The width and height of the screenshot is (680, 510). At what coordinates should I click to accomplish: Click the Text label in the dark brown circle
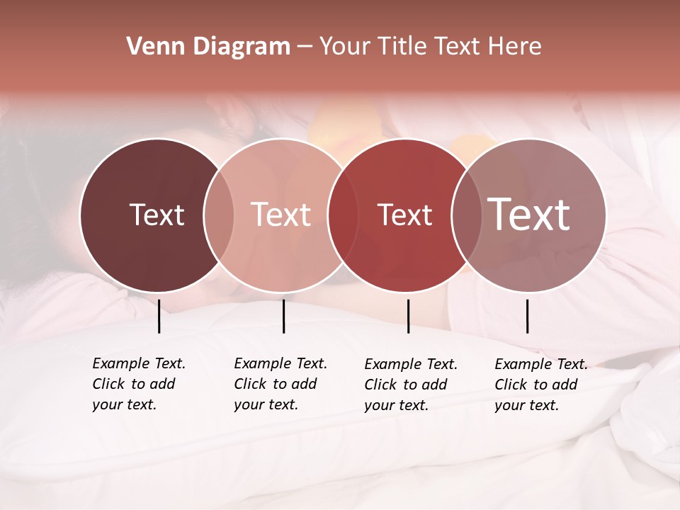(157, 215)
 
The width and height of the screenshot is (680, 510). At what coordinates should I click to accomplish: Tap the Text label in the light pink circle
(281, 215)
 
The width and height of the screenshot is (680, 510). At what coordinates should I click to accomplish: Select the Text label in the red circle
(404, 215)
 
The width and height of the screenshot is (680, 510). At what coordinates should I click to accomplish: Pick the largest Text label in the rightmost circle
(529, 215)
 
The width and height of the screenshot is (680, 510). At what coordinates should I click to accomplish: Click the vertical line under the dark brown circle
(159, 316)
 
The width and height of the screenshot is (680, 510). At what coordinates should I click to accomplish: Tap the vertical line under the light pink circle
(283, 316)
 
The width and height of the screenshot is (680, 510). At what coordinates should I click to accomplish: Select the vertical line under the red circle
(408, 316)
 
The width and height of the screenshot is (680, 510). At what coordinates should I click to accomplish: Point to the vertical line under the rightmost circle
(527, 316)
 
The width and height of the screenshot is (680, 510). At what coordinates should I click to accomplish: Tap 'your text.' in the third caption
(396, 405)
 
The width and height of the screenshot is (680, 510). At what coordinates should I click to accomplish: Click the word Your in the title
(339, 47)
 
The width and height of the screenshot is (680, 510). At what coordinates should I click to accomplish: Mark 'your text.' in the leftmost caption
(124, 404)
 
